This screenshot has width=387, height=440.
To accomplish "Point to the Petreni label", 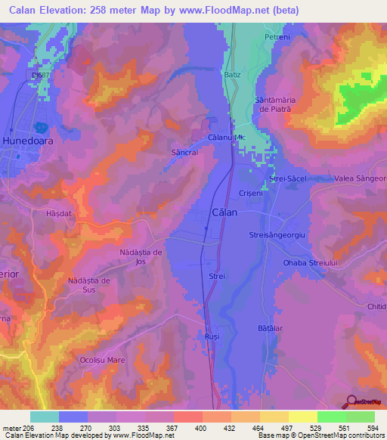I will click(x=277, y=37).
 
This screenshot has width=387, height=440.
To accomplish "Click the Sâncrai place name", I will click(x=184, y=152).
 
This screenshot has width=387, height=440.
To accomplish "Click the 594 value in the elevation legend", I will click(x=369, y=428).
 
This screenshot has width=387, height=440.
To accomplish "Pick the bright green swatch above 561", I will click(x=331, y=417).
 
